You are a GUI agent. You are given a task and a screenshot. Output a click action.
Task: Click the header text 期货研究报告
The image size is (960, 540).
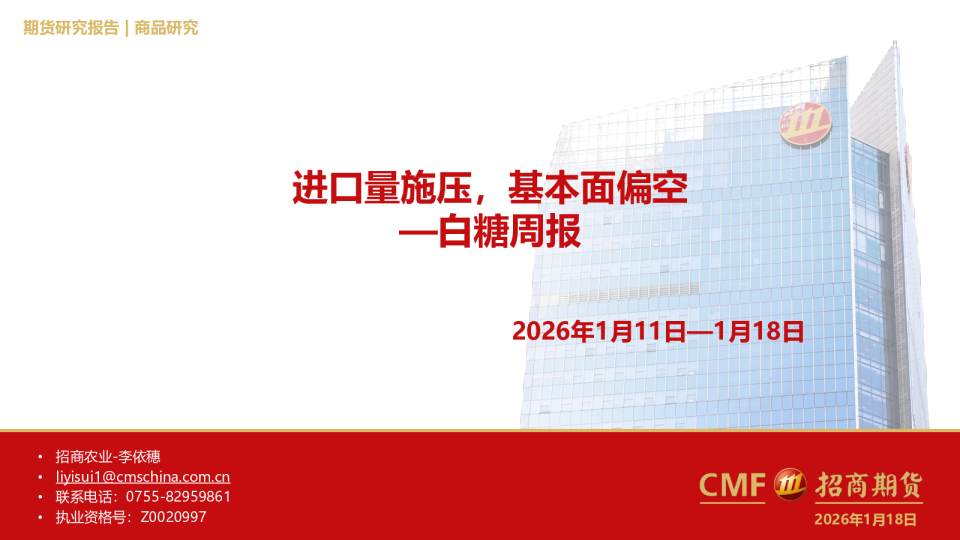[x=70, y=28]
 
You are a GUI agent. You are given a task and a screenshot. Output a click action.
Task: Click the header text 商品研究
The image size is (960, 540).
[x=166, y=28]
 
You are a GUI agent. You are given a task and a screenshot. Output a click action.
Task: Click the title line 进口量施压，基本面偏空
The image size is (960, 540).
[x=489, y=188]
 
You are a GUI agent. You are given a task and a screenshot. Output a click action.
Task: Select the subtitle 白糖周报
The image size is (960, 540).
[x=510, y=233]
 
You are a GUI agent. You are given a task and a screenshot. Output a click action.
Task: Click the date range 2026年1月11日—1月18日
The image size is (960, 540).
[x=658, y=331]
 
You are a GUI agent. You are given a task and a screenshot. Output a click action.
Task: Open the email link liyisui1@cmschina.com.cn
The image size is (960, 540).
[x=143, y=477]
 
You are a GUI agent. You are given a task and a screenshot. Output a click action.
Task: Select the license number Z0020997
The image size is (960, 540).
[x=174, y=517]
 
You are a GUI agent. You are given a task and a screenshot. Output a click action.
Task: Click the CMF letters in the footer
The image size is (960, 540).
[x=732, y=485]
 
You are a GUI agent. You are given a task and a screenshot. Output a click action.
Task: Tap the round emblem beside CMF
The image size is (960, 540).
[x=791, y=485]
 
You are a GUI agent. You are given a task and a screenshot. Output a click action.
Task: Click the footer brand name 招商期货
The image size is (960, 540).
[x=867, y=485]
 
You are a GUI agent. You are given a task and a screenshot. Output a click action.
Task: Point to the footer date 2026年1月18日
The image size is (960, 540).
[x=865, y=518]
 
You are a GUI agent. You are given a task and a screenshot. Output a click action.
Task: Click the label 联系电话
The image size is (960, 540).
[x=84, y=497]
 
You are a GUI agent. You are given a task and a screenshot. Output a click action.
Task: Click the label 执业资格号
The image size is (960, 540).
[x=91, y=517]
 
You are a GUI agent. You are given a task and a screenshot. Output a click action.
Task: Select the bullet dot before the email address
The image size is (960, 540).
[x=39, y=478]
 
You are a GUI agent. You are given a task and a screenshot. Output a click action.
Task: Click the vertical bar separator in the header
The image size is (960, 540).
[x=127, y=28]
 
